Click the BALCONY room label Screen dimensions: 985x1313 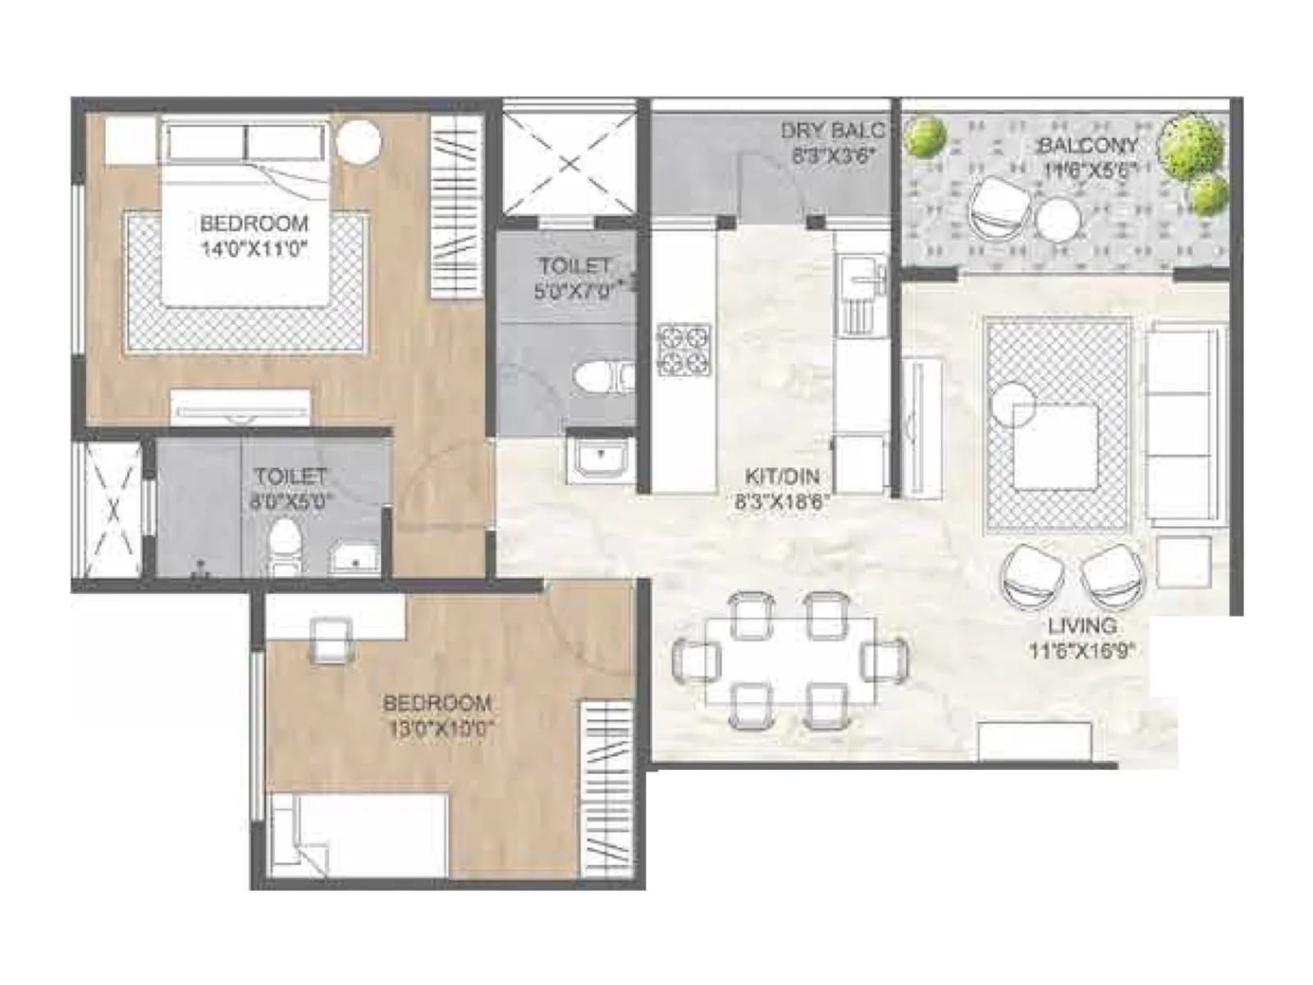(x=1088, y=146)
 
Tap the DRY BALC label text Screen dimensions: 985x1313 (x=832, y=131)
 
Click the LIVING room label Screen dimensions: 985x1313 (x=1082, y=625)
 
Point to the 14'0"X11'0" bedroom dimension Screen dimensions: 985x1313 (x=254, y=248)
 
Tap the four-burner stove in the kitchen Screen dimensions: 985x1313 (x=683, y=350)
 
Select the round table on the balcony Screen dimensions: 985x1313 (x=1058, y=220)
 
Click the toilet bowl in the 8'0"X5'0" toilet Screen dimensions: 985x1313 (x=285, y=543)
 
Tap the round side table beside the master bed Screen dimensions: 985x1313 (x=359, y=141)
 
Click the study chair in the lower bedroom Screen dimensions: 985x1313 (x=331, y=639)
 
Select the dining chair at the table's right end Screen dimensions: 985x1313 (x=885, y=659)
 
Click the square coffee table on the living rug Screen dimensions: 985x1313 (x=1055, y=447)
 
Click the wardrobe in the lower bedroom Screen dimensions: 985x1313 (x=606, y=789)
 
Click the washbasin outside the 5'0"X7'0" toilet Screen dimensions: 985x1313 (x=601, y=457)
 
